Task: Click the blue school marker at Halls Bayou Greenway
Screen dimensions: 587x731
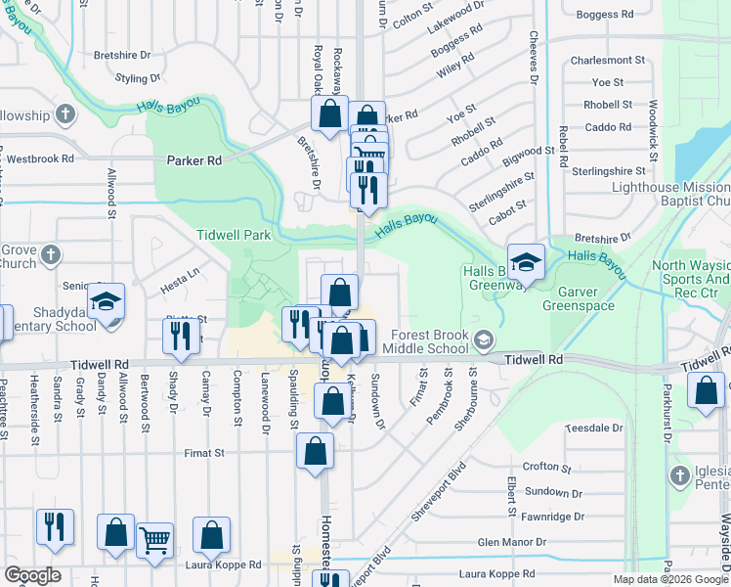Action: pyautogui.click(x=526, y=260)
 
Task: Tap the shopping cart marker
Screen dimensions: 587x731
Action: pyautogui.click(x=154, y=538)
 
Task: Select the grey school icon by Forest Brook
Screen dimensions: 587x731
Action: pyautogui.click(x=482, y=340)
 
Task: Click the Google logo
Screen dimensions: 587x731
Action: pyautogui.click(x=31, y=575)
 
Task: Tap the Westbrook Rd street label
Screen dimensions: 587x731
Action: pyautogui.click(x=40, y=158)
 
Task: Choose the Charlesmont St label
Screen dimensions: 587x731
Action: pyautogui.click(x=608, y=60)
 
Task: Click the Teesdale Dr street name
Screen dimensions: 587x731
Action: pyautogui.click(x=589, y=429)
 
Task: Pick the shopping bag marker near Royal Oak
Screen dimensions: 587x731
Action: pyautogui.click(x=329, y=112)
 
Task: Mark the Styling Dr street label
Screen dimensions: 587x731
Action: pyautogui.click(x=138, y=77)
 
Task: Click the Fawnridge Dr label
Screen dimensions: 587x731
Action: pyautogui.click(x=551, y=516)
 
